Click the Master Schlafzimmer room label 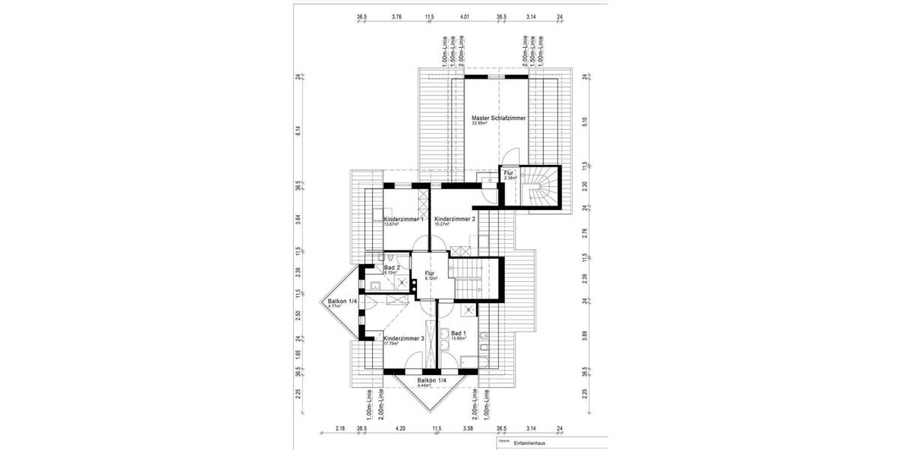click(x=498, y=118)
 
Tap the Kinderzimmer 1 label click(x=403, y=219)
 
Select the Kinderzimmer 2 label click(x=455, y=219)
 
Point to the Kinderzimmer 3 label click(x=403, y=339)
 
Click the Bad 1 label click(x=459, y=333)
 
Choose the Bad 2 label click(x=391, y=268)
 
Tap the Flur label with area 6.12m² click(x=430, y=274)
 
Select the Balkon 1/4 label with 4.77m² click(x=342, y=301)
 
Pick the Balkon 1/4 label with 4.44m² click(x=431, y=381)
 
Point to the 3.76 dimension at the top click(x=397, y=16)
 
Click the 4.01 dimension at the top click(x=465, y=16)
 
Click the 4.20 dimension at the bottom click(x=399, y=429)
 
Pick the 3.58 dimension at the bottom click(x=468, y=429)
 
